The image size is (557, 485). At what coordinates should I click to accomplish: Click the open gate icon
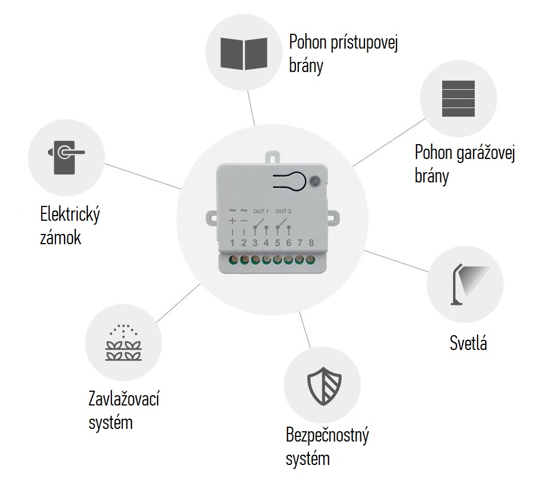tap(244, 53)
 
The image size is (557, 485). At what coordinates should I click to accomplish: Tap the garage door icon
tap(458, 99)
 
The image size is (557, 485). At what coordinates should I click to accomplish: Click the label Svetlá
tap(468, 343)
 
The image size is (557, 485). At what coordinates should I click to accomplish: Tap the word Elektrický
tap(70, 215)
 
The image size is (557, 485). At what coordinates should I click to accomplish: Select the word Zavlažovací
tap(123, 399)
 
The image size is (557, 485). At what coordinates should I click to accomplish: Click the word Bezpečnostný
tap(327, 435)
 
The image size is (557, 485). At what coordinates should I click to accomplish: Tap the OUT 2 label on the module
tap(283, 211)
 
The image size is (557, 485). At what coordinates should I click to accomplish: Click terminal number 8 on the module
tap(311, 243)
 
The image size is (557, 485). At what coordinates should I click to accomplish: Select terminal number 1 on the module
tap(233, 243)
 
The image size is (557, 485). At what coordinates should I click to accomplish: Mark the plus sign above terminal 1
tap(233, 221)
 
